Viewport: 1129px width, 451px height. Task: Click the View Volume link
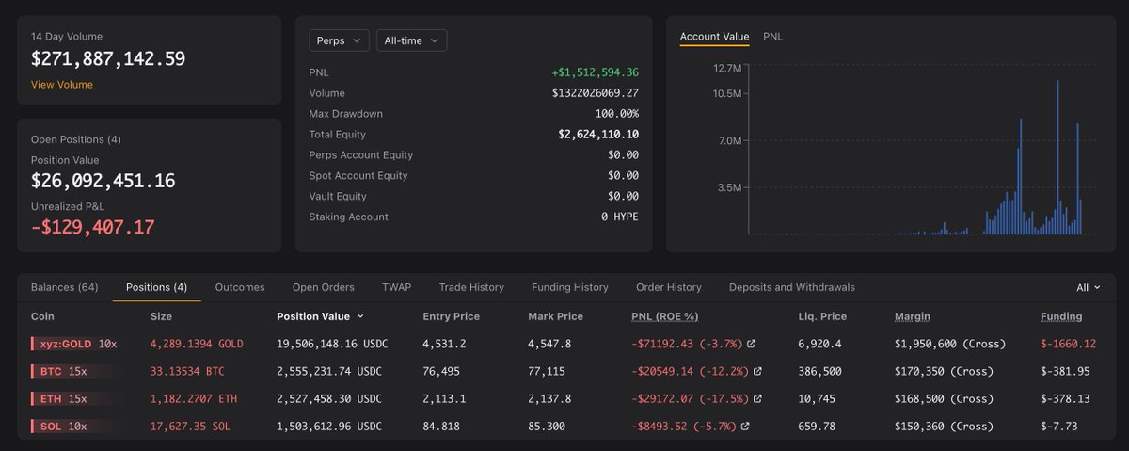click(x=61, y=85)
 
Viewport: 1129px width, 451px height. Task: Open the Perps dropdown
click(x=339, y=40)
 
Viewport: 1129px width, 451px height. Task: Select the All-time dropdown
click(x=411, y=40)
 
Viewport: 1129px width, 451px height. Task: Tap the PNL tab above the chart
click(x=772, y=37)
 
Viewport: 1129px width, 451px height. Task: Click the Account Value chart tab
click(x=714, y=37)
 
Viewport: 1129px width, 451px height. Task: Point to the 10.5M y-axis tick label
click(x=726, y=93)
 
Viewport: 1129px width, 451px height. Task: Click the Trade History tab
click(x=471, y=287)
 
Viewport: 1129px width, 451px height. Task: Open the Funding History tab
click(x=569, y=287)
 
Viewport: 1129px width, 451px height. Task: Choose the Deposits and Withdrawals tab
click(x=792, y=287)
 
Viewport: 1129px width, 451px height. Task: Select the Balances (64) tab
click(x=65, y=287)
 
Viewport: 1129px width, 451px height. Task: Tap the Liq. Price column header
click(x=822, y=316)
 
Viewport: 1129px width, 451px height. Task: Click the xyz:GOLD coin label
click(x=66, y=344)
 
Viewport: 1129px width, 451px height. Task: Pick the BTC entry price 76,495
click(x=441, y=371)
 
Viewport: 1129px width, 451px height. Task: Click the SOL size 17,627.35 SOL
click(x=190, y=427)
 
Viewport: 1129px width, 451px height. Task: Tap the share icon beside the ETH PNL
click(x=757, y=398)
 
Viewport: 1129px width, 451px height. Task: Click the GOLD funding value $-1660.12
click(x=1068, y=344)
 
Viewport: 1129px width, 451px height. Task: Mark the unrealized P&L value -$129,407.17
click(x=93, y=227)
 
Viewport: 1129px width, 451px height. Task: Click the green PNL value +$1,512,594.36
click(x=596, y=72)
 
